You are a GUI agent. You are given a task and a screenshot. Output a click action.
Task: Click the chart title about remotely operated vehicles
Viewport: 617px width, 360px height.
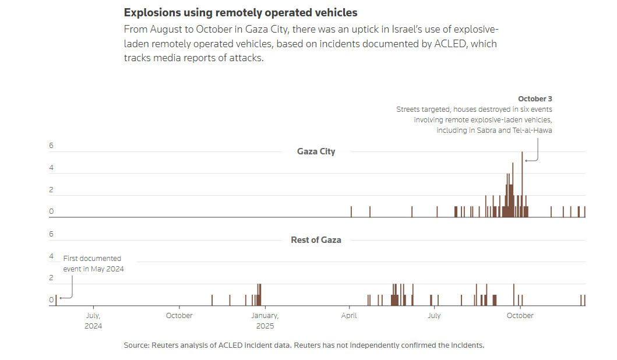(241, 12)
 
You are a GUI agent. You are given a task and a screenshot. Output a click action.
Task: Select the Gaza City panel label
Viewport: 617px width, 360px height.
(316, 151)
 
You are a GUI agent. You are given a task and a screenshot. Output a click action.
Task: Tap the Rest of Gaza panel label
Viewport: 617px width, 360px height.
(316, 239)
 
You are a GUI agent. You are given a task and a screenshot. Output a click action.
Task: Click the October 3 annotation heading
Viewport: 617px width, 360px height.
(535, 99)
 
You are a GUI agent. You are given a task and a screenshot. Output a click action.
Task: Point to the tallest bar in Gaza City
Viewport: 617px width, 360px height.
(522, 183)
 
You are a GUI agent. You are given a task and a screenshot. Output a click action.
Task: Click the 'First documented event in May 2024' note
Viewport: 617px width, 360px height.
(93, 263)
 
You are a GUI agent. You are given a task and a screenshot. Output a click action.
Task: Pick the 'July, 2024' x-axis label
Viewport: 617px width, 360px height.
(93, 320)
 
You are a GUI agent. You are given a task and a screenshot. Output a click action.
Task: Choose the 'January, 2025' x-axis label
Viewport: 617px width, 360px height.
(265, 320)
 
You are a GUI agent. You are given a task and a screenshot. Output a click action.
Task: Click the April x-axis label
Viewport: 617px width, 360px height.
(349, 316)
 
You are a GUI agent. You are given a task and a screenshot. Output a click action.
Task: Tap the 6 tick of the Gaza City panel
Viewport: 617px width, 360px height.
(51, 146)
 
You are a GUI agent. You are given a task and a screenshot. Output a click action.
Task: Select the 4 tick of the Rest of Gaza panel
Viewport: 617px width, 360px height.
(51, 256)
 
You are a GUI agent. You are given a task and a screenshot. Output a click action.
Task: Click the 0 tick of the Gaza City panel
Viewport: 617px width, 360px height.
(51, 211)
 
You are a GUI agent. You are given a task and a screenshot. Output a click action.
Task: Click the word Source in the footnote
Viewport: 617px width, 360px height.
(136, 345)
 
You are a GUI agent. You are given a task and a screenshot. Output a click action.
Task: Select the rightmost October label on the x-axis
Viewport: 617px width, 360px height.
(520, 316)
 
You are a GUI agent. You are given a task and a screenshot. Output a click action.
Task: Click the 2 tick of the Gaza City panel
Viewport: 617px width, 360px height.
(51, 190)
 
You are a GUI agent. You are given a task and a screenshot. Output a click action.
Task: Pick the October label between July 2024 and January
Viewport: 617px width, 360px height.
(179, 316)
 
